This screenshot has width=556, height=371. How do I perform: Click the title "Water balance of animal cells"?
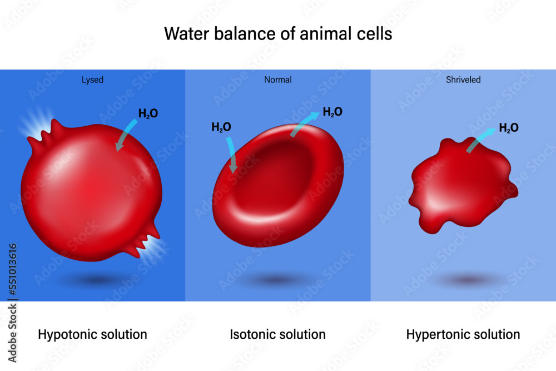pyautogui.click(x=278, y=34)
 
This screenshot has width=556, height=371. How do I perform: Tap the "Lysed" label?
pyautogui.click(x=92, y=80)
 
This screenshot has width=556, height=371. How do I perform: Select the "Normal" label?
pyautogui.click(x=277, y=80)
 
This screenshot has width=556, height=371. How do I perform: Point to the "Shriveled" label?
pyautogui.click(x=463, y=80)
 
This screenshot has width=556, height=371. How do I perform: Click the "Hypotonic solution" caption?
pyautogui.click(x=92, y=334)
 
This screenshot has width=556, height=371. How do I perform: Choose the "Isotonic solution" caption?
pyautogui.click(x=277, y=334)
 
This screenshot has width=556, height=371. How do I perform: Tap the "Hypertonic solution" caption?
pyautogui.click(x=463, y=334)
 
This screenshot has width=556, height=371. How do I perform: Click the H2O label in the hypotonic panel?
pyautogui.click(x=148, y=113)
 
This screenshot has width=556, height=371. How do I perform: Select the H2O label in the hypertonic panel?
pyautogui.click(x=509, y=127)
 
